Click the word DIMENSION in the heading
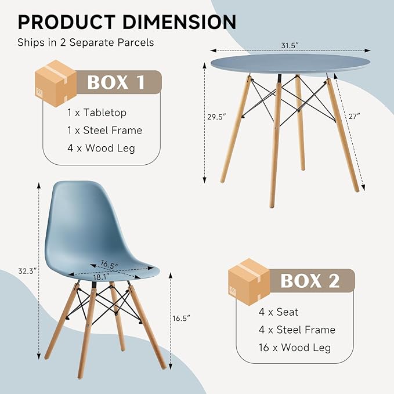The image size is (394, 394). tap(179, 22)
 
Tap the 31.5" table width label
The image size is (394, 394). tap(290, 45)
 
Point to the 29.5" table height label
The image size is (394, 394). tap(216, 117)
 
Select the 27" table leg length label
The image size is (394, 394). tap(354, 116)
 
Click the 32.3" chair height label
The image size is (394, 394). tap(27, 271)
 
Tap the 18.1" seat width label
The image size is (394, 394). tap(101, 277)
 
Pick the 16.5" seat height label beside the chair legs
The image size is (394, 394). tap(181, 319)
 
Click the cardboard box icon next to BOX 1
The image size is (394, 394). tap(56, 83)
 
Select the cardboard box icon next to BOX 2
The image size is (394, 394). tap(249, 281)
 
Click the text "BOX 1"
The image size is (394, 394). tap(116, 82)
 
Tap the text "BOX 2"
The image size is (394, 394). tap(310, 281)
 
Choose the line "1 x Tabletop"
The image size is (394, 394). tap(97, 113)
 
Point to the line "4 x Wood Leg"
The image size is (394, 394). tap(101, 148)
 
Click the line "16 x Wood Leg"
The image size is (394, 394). tap(295, 348)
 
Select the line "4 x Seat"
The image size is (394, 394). tap(279, 312)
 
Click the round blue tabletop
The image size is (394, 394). tap(290, 64)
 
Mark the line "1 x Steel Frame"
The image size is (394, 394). tap(104, 130)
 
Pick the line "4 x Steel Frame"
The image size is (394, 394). tap(297, 330)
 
